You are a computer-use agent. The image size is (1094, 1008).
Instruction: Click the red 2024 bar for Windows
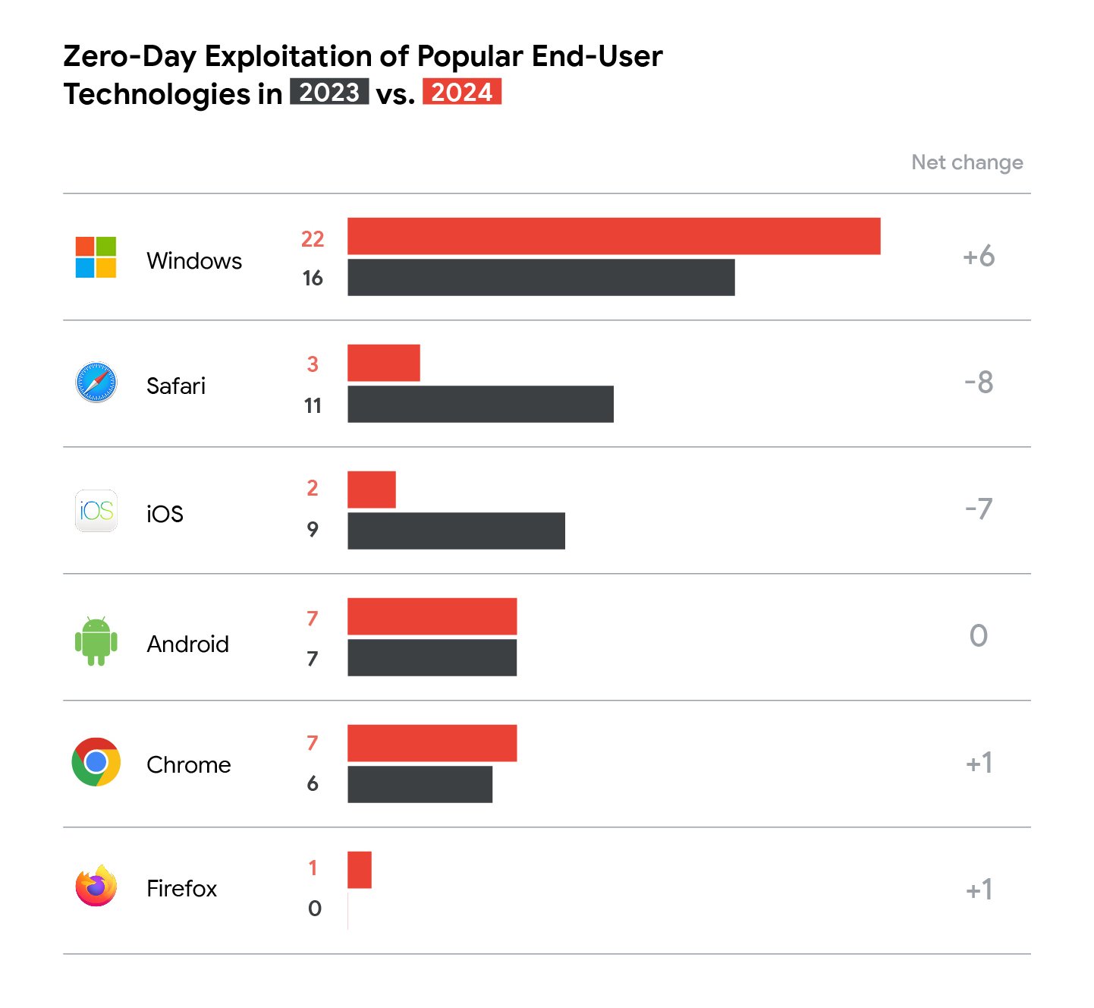click(614, 236)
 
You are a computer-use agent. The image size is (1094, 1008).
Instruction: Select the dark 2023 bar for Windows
click(541, 277)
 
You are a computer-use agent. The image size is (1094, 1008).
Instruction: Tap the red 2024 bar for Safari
click(383, 363)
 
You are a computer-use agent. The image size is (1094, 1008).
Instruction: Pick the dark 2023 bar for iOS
click(456, 531)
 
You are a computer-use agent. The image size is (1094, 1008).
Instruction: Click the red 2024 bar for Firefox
click(360, 870)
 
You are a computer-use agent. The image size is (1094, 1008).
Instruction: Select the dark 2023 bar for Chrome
click(420, 784)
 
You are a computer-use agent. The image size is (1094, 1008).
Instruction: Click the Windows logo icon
click(96, 257)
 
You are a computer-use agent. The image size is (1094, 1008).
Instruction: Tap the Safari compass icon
click(96, 383)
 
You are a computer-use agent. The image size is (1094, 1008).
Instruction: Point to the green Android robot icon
click(96, 641)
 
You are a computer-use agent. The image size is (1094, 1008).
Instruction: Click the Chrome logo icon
click(96, 762)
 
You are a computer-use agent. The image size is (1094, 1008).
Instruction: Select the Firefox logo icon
click(96, 886)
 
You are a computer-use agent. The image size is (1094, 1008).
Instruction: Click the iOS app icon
click(96, 511)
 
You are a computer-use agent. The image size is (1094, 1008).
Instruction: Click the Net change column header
click(967, 162)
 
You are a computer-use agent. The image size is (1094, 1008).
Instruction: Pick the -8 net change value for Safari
click(978, 383)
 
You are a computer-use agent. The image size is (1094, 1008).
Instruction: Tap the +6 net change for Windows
click(978, 257)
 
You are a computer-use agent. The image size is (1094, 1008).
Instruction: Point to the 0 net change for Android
click(978, 636)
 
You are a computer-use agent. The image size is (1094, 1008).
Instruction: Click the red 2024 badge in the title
click(461, 92)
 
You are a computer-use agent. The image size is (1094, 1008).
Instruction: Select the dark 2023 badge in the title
click(329, 92)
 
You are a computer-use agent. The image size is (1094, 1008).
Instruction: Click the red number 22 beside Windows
click(313, 239)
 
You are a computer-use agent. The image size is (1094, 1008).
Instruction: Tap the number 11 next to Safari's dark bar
click(313, 406)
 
